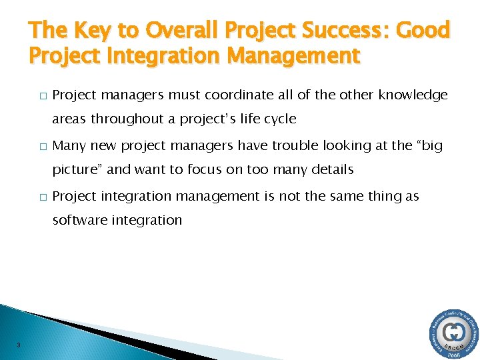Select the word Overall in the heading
pyautogui.click(x=176, y=31)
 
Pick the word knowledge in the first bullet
pyautogui.click(x=413, y=95)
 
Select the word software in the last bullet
pyautogui.click(x=79, y=220)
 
